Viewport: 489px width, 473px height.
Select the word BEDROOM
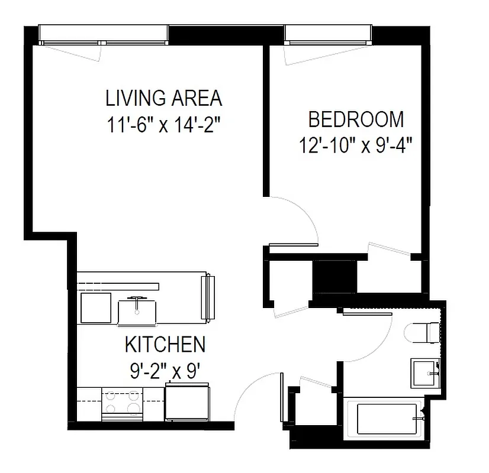point(356,119)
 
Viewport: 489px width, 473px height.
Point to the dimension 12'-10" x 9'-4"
point(356,145)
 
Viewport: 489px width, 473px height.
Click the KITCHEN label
point(165,344)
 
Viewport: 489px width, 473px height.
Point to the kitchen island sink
point(137,309)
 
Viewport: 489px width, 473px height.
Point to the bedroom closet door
point(388,250)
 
